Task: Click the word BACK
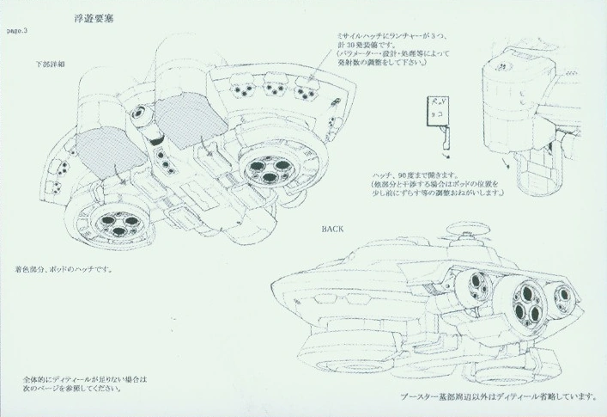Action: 335,230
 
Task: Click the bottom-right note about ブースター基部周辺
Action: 499,396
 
